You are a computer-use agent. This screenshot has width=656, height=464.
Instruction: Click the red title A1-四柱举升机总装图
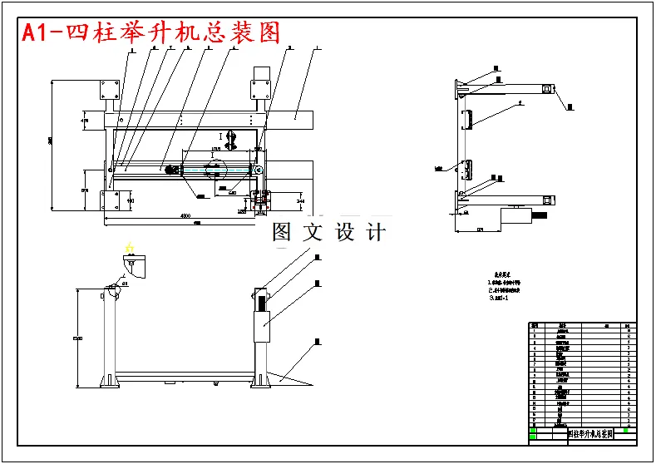150,33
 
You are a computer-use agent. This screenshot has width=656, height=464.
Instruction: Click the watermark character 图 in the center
283,232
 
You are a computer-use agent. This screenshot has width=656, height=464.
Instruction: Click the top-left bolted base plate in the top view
108,90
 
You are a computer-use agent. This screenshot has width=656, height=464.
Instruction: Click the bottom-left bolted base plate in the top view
108,200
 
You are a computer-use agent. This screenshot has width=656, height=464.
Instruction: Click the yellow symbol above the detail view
129,247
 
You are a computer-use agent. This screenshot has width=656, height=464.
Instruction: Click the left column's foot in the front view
108,382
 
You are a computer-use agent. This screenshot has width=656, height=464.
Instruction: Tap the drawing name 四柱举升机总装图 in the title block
589,434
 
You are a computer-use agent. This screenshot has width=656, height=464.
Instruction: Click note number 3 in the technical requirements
499,297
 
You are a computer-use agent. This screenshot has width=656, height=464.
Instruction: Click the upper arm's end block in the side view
547,88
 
